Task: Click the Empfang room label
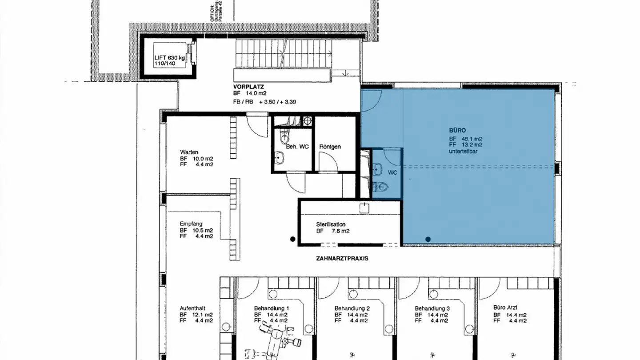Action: click(x=191, y=224)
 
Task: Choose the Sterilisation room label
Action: click(x=331, y=224)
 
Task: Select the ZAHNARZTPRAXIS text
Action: click(x=342, y=258)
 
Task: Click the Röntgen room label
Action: click(x=330, y=146)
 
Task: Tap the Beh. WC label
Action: click(x=297, y=146)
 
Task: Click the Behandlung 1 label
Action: click(x=272, y=308)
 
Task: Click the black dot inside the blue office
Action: click(x=428, y=239)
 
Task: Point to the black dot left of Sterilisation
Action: click(x=292, y=239)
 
